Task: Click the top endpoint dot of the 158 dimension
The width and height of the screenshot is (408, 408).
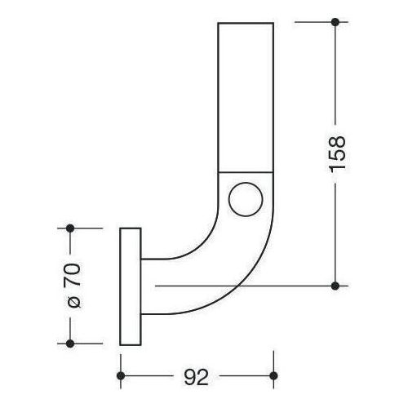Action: pos(335,23)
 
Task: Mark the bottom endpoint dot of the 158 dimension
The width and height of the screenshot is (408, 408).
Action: pos(335,285)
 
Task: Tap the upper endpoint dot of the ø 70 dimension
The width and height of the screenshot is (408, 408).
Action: pos(70,228)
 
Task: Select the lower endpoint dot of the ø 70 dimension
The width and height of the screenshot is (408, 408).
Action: pos(70,343)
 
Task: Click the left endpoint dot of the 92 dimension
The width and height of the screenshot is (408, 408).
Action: pos(122,375)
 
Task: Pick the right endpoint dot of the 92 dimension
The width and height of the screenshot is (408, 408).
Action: pos(273,375)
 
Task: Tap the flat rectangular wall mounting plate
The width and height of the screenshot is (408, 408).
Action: pos(130,285)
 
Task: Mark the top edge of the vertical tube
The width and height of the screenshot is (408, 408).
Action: pos(244,24)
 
